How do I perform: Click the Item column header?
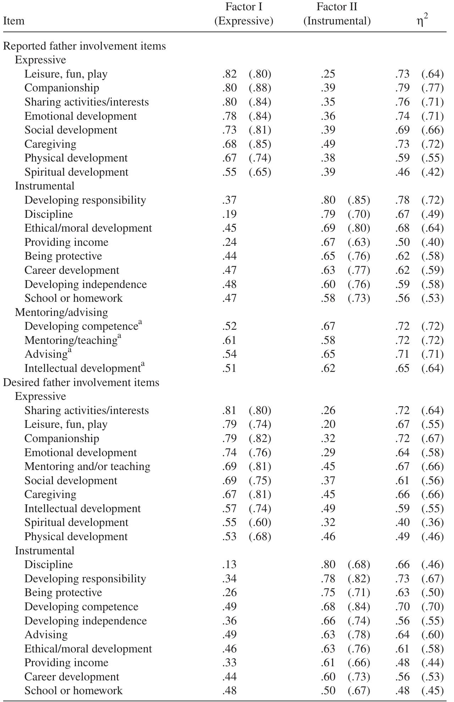click(14, 21)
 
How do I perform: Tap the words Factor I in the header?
click(244, 7)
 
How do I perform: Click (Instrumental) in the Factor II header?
click(337, 21)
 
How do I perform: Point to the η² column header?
click(422, 21)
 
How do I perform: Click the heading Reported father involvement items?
click(84, 46)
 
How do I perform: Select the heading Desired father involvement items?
click(81, 383)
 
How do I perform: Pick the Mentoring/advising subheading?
click(61, 312)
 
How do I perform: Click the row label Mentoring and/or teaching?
click(87, 466)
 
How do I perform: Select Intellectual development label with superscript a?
click(84, 368)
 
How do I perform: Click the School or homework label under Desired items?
click(73, 690)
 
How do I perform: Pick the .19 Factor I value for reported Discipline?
click(229, 214)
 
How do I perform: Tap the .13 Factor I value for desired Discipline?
click(229, 565)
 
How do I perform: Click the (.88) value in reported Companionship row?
click(260, 88)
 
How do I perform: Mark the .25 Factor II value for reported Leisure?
click(328, 74)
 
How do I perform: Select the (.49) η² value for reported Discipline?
click(432, 214)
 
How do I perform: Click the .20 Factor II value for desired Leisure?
click(328, 424)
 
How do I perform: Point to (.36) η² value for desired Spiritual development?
click(432, 522)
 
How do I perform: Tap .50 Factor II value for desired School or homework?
click(328, 690)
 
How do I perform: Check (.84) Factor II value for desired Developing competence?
click(359, 606)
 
